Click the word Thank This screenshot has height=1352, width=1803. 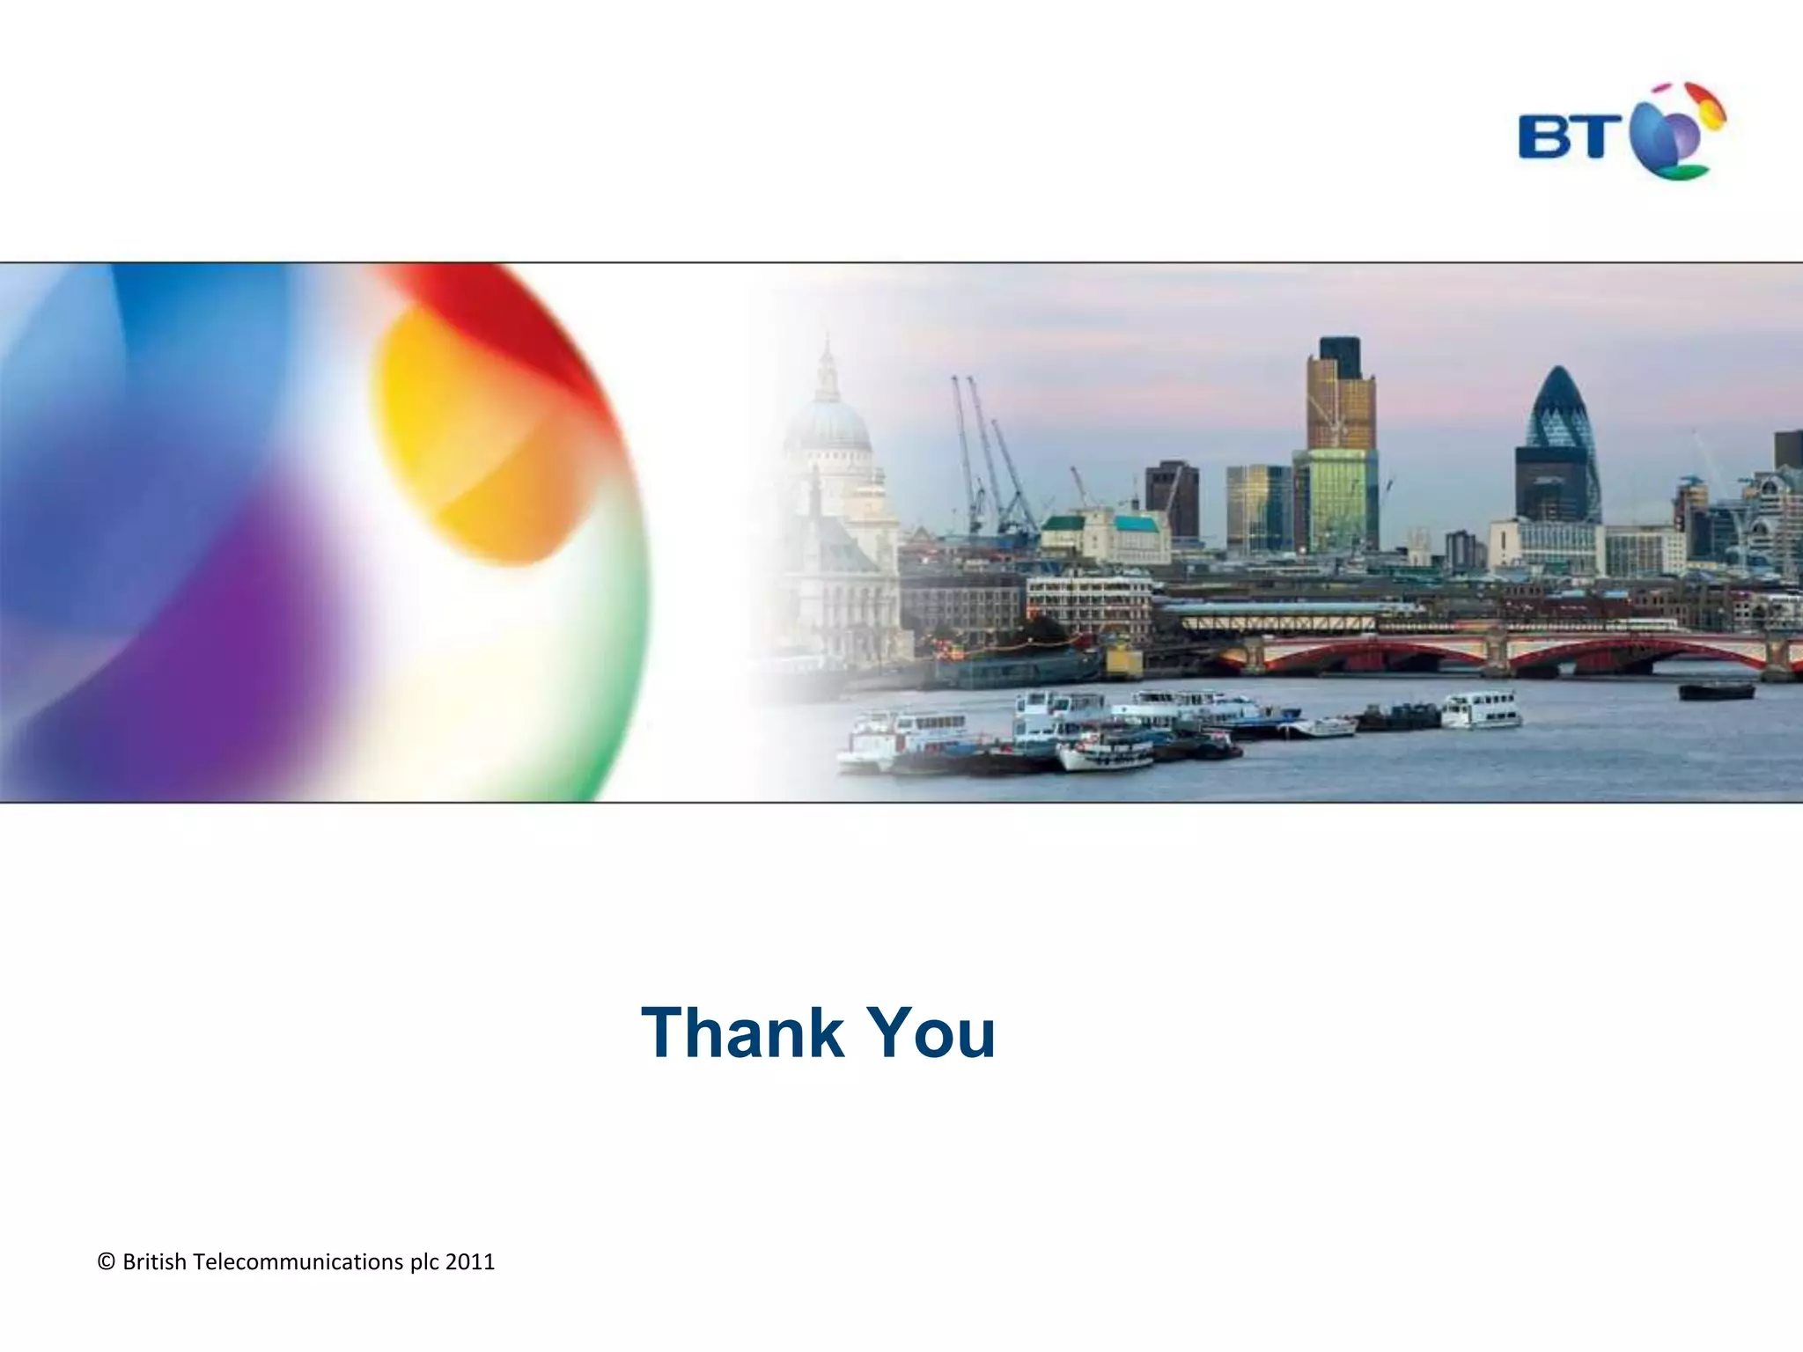point(742,1032)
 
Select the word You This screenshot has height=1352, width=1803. point(931,1032)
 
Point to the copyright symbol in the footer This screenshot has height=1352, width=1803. point(107,1262)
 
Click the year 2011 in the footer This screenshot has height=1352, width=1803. point(470,1262)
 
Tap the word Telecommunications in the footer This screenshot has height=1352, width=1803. point(298,1262)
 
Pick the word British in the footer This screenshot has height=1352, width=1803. point(155,1262)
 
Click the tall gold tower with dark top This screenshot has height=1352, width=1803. point(1340,396)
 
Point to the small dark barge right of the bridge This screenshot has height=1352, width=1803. point(1716,691)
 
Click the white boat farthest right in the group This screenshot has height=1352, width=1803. point(1482,709)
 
